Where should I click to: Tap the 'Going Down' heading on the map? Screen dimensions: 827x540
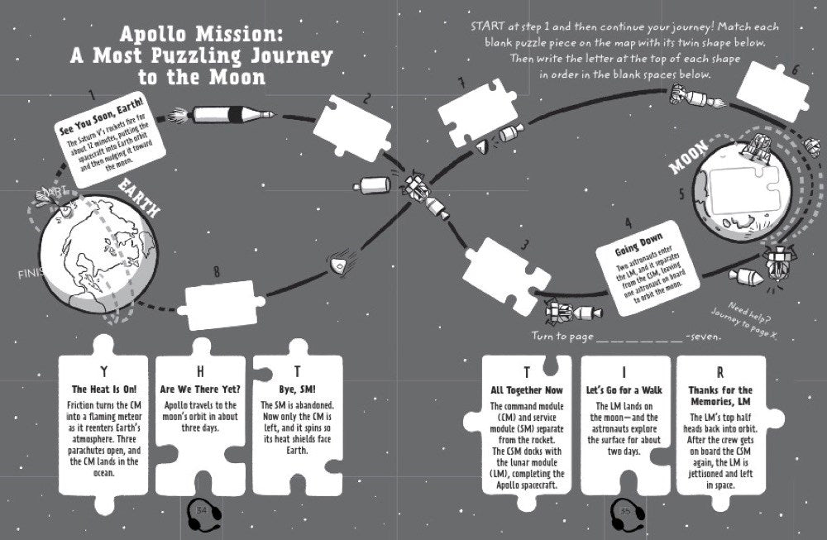pyautogui.click(x=636, y=247)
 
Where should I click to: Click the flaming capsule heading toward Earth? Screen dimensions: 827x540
pyautogui.click(x=338, y=260)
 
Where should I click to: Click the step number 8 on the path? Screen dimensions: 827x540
pyautogui.click(x=217, y=270)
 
